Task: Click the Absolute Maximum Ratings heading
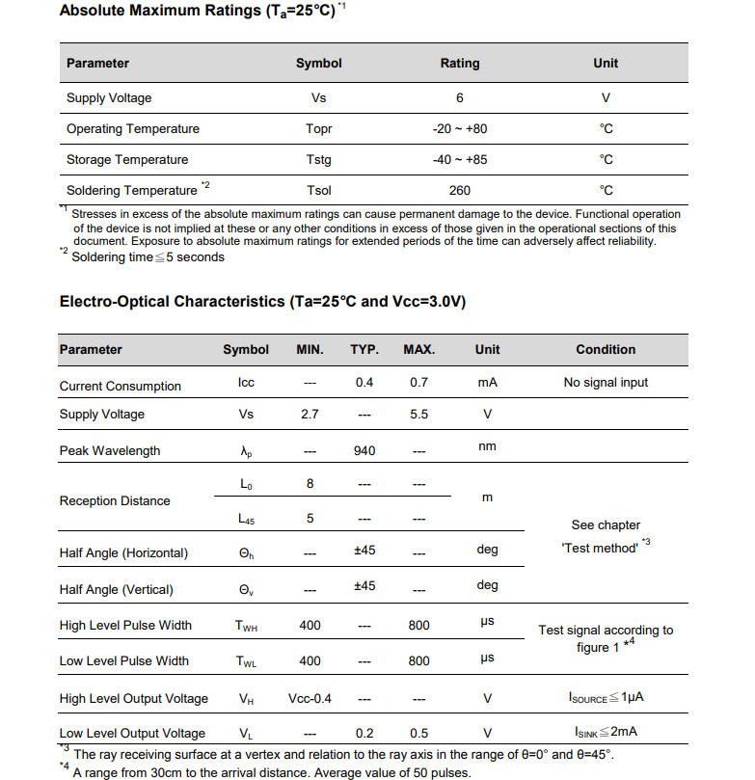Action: pyautogui.click(x=198, y=11)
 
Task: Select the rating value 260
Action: pyautogui.click(x=459, y=191)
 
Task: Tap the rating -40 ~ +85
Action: pyautogui.click(x=460, y=160)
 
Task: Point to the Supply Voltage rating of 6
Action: pyautogui.click(x=460, y=98)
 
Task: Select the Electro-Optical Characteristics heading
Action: pyautogui.click(x=262, y=302)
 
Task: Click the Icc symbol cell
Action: pyautogui.click(x=246, y=383)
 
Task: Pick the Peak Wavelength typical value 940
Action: pyautogui.click(x=364, y=450)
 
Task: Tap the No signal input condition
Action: pyautogui.click(x=606, y=383)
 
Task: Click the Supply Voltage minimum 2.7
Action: pyautogui.click(x=310, y=415)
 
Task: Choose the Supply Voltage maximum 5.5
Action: pyautogui.click(x=418, y=415)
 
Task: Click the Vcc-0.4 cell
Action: pyautogui.click(x=310, y=698)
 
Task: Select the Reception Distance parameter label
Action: pyautogui.click(x=115, y=501)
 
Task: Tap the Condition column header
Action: pyautogui.click(x=606, y=350)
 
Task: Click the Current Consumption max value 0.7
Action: pyautogui.click(x=418, y=383)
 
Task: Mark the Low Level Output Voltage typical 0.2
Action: pyautogui.click(x=364, y=733)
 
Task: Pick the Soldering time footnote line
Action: pyautogui.click(x=148, y=257)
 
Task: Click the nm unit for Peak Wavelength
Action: pyautogui.click(x=487, y=446)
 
